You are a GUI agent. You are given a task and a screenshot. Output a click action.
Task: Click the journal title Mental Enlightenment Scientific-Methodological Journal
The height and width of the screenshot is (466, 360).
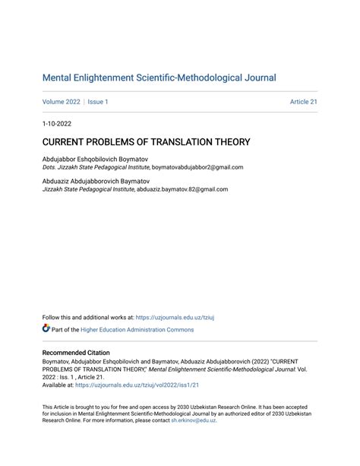(159, 78)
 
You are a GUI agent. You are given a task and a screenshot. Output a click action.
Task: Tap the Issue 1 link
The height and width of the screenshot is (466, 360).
(98, 102)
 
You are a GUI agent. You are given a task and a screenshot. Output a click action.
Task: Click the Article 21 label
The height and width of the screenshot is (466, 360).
(303, 102)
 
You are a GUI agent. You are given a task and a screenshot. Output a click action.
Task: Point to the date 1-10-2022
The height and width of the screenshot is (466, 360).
(58, 123)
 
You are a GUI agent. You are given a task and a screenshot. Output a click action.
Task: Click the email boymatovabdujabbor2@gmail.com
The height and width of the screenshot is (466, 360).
(197, 167)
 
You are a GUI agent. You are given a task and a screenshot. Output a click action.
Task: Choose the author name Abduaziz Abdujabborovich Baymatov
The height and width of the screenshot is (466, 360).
(96, 182)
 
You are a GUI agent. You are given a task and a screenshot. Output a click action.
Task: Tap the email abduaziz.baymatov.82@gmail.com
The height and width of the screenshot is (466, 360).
(182, 190)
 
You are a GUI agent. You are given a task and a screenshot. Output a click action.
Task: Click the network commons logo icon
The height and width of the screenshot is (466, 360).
(46, 329)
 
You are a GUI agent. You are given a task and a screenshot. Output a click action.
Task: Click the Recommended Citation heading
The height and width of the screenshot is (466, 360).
(76, 353)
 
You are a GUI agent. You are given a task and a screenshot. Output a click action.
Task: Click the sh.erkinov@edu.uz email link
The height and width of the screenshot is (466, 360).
(193, 420)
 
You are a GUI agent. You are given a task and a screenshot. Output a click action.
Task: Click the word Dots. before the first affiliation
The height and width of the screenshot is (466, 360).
(49, 167)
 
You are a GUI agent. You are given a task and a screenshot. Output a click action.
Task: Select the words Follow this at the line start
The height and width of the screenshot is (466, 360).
(58, 318)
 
